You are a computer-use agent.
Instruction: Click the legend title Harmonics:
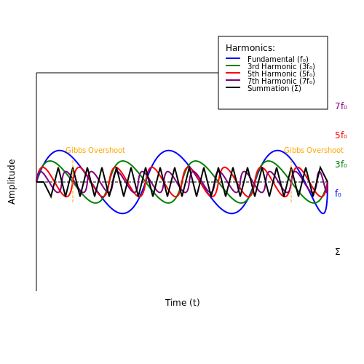250,48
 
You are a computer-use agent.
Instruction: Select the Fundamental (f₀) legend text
278,59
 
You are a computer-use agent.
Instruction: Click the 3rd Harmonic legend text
281,66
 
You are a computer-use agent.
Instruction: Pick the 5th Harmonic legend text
281,74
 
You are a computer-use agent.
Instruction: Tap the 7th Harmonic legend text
281,81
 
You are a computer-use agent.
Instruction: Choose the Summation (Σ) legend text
274,88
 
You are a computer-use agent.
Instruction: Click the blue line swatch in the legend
233,58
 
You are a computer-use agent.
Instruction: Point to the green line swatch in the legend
233,66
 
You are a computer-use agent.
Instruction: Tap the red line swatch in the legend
233,73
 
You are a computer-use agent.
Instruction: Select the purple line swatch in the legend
233,80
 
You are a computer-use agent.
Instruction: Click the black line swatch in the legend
233,87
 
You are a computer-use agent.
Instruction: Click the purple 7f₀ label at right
341,106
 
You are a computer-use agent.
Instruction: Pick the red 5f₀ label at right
341,135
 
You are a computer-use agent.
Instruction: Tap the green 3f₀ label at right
341,165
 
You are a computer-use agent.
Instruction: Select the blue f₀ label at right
338,194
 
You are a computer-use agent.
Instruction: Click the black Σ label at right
338,252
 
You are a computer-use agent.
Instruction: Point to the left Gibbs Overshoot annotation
95,150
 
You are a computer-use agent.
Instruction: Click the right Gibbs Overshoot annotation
314,150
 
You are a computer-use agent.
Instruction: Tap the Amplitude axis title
12,182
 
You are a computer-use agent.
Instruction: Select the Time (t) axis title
183,303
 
